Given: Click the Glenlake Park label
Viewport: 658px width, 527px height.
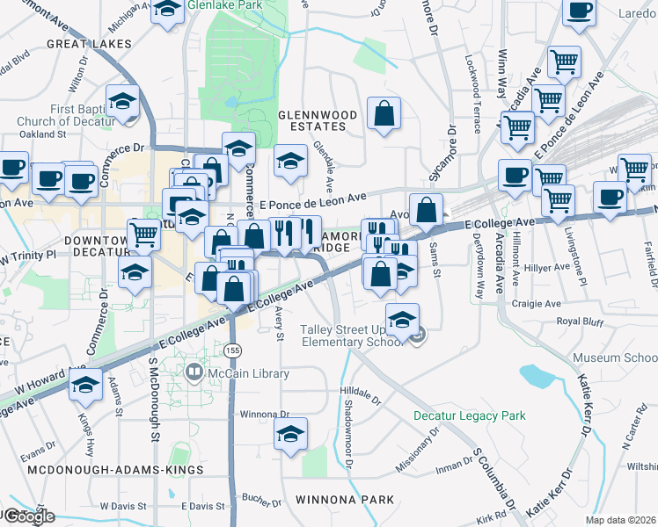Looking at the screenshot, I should coord(231,5).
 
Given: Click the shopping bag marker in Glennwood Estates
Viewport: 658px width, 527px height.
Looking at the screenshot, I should coord(384,113).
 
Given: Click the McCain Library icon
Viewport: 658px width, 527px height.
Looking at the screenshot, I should coord(194,373).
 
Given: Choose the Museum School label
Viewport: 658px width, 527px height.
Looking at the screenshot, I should coord(614,358).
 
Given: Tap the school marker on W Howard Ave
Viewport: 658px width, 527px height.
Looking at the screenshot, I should coord(86,386).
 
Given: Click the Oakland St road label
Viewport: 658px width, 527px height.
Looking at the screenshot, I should coord(44,134).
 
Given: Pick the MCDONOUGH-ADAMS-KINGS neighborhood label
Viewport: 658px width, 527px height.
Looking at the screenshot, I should coord(115,470).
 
